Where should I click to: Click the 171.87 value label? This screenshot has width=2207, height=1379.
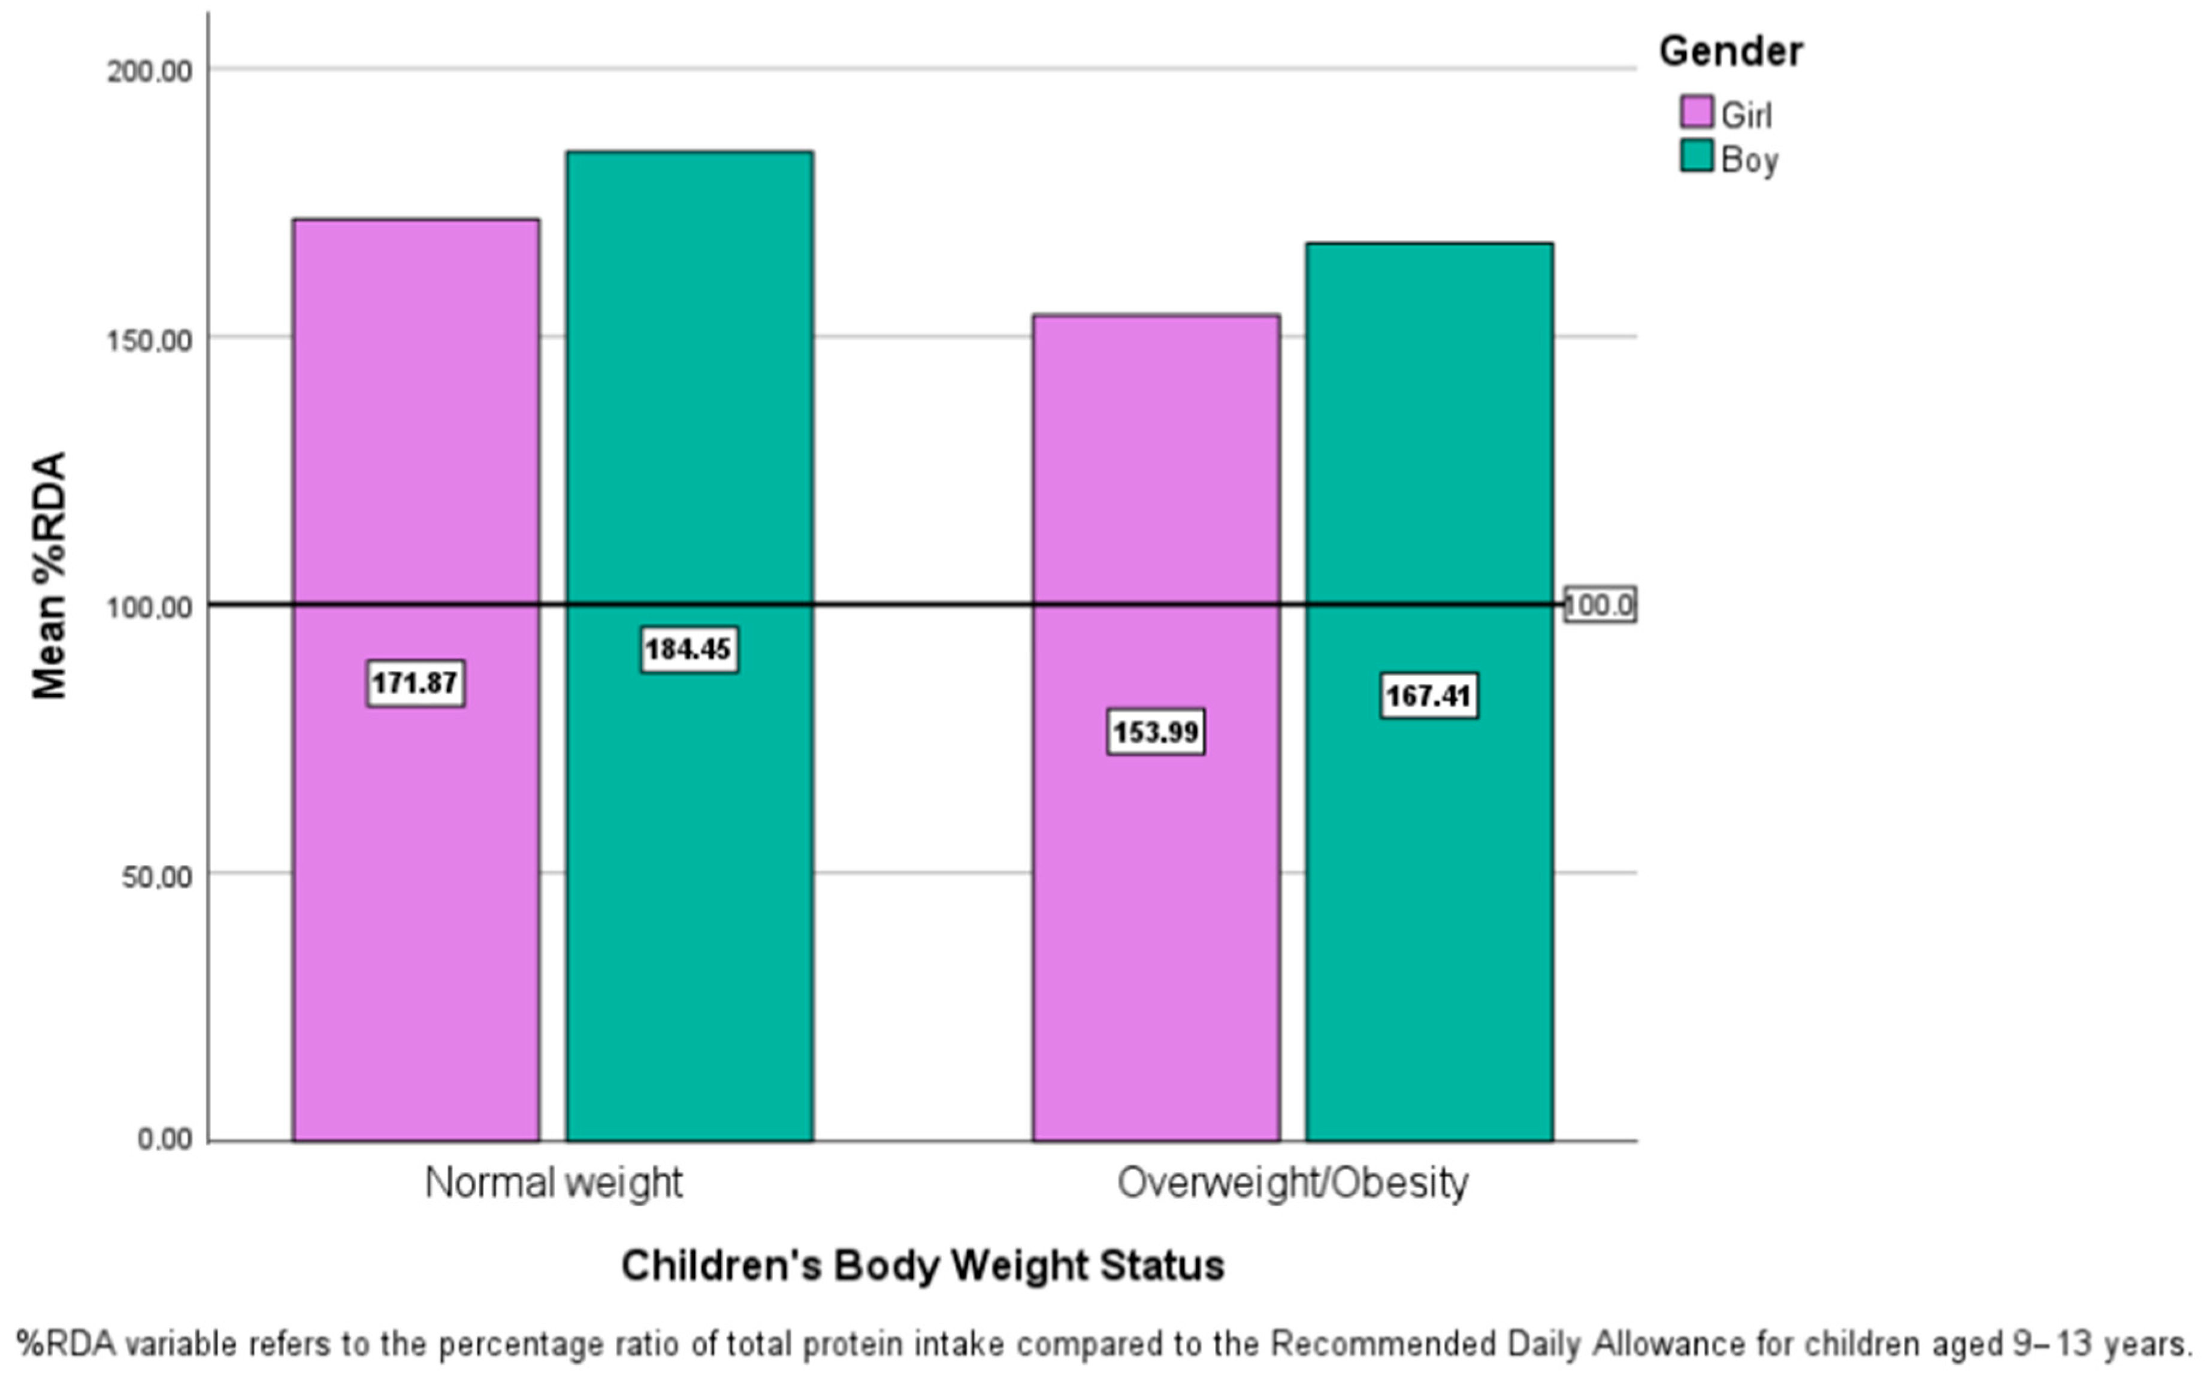tap(416, 683)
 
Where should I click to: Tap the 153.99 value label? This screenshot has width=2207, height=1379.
tap(1156, 731)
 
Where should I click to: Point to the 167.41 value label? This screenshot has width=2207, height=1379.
tap(1428, 696)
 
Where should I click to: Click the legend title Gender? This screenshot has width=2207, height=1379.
tap(1730, 51)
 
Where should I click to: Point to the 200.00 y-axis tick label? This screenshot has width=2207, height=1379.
tap(150, 71)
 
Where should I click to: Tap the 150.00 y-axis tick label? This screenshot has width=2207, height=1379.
tap(150, 340)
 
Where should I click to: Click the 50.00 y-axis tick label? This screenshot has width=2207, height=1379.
tap(157, 876)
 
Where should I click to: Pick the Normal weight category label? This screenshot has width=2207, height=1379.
tap(553, 1183)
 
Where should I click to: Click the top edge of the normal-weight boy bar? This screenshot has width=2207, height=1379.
tap(690, 152)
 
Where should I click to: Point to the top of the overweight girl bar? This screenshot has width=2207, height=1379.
tap(1156, 316)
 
